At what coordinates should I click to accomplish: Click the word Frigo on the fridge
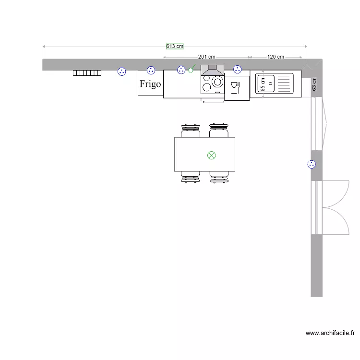(x=150, y=84)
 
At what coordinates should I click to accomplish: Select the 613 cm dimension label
(x=175, y=47)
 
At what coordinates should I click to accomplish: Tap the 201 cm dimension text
(x=206, y=57)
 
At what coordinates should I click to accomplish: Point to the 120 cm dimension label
(x=276, y=57)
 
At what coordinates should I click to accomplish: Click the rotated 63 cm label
(x=314, y=84)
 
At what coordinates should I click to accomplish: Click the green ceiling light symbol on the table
(x=211, y=155)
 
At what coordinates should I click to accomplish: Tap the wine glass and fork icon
(x=235, y=87)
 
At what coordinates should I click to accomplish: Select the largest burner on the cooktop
(x=217, y=82)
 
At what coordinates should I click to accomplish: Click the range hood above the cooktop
(x=212, y=70)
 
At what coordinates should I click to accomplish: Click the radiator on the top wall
(x=87, y=73)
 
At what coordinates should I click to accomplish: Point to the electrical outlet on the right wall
(x=312, y=165)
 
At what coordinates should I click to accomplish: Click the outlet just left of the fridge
(x=122, y=72)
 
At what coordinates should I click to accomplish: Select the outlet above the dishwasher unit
(x=237, y=70)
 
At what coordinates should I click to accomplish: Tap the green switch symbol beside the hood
(x=191, y=70)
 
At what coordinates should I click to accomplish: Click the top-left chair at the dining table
(x=191, y=131)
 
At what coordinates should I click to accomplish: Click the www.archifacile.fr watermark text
(x=330, y=332)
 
